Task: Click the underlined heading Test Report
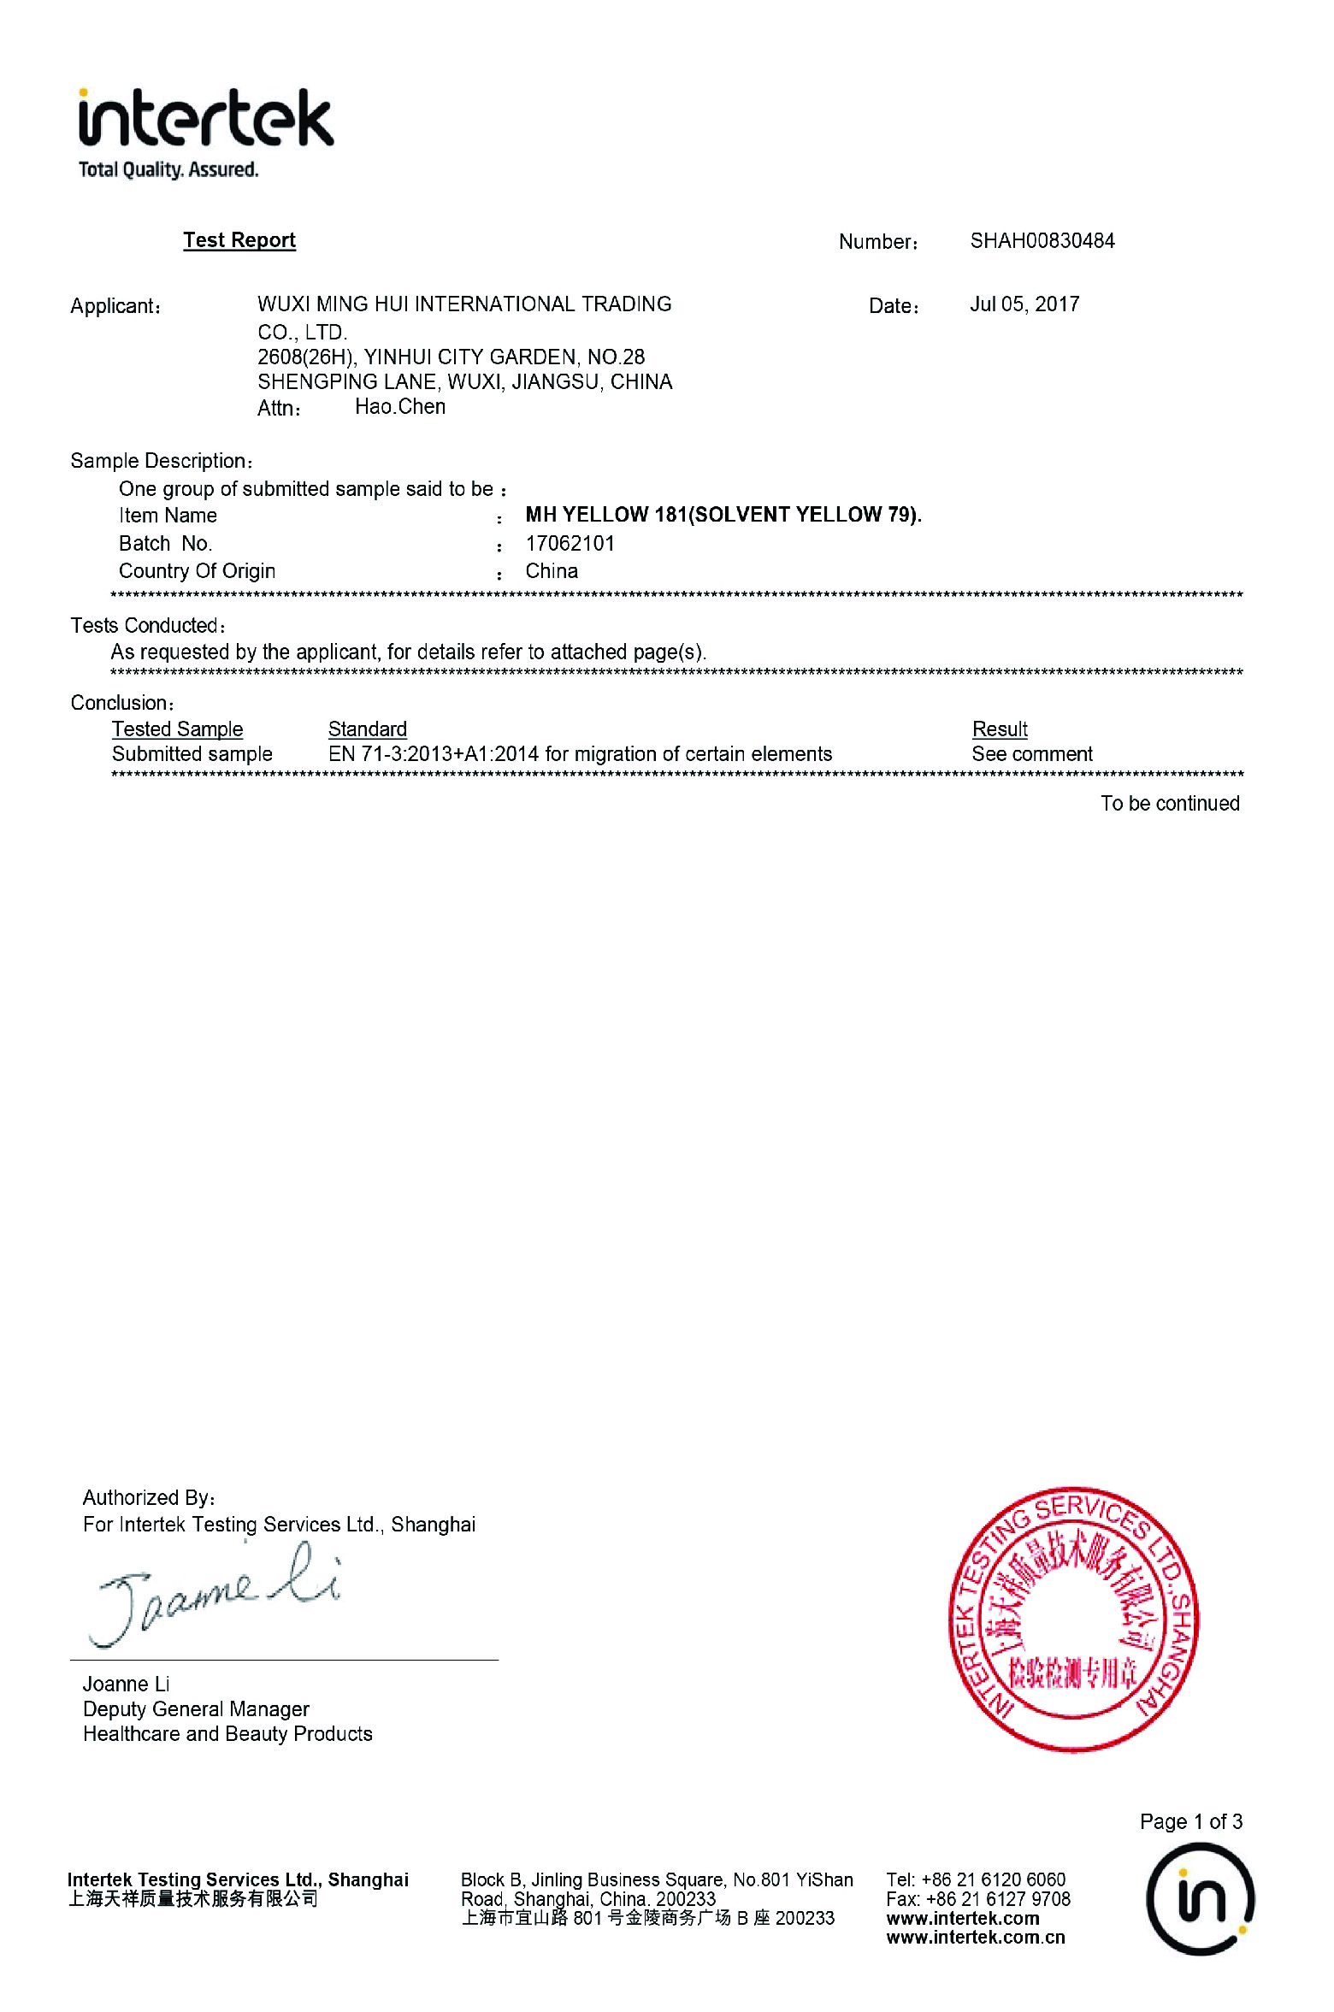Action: click(x=239, y=240)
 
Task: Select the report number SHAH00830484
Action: click(x=1042, y=241)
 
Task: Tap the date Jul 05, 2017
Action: click(x=1024, y=304)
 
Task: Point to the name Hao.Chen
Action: click(x=400, y=407)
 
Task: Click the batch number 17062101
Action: click(x=570, y=544)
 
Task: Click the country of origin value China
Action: click(x=552, y=571)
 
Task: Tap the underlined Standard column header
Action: click(x=368, y=729)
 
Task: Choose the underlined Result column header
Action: click(x=1000, y=729)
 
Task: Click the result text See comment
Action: click(x=1032, y=754)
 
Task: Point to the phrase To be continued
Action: click(x=1170, y=804)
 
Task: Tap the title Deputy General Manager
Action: click(x=196, y=1709)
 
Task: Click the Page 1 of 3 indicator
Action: click(x=1190, y=1822)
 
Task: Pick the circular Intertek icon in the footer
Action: click(x=1200, y=1899)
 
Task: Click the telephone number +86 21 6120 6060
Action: click(x=993, y=1880)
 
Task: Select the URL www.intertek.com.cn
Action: click(x=976, y=1938)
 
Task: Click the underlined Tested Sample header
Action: click(x=177, y=729)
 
